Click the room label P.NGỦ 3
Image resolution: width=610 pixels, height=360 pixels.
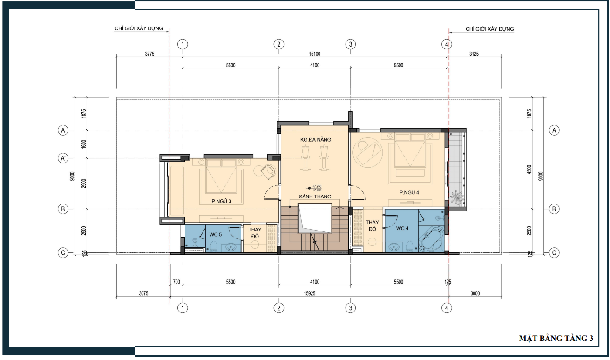tap(221, 201)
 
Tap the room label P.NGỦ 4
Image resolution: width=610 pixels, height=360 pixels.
tap(409, 192)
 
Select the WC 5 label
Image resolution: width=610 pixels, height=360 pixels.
tap(216, 234)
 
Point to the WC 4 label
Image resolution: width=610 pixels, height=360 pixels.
tap(402, 228)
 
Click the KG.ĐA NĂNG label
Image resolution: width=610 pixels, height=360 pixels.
tap(316, 139)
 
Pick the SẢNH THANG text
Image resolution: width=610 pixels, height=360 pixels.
tap(315, 197)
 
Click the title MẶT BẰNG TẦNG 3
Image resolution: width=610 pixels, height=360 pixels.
tap(556, 338)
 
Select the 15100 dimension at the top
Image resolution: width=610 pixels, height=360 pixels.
tap(314, 54)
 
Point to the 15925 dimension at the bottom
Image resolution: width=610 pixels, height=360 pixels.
tap(310, 293)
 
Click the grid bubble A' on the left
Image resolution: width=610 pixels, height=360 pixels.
tap(63, 158)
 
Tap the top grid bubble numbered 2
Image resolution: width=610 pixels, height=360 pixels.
tap(278, 44)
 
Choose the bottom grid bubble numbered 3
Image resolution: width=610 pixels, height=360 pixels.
tap(351, 308)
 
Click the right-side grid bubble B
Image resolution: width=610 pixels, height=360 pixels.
tap(554, 209)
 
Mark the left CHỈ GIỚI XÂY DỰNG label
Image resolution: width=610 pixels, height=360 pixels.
tap(139, 28)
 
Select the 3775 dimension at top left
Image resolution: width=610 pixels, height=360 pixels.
tap(149, 54)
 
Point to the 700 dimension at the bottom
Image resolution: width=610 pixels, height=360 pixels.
tap(176, 282)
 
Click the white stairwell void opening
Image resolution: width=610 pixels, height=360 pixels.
tap(314, 218)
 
